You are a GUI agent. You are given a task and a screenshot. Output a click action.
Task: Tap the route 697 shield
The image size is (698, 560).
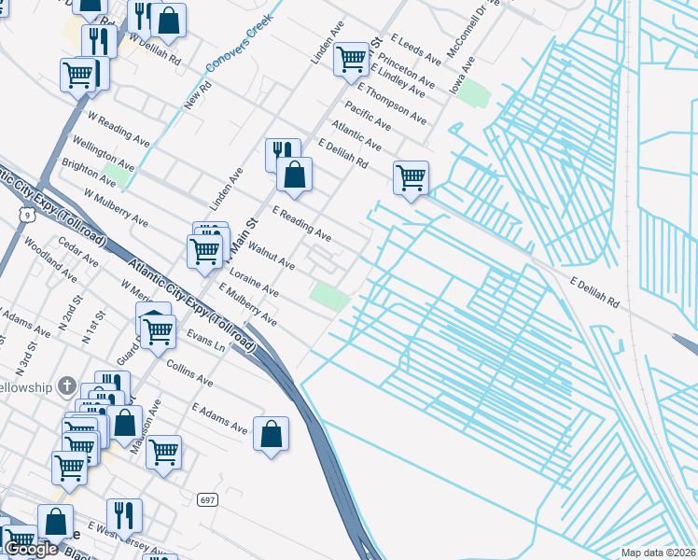(x=207, y=500)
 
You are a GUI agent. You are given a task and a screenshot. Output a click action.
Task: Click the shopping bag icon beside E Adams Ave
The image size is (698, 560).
(x=271, y=434)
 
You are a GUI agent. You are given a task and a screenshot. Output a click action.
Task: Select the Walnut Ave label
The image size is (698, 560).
(x=271, y=259)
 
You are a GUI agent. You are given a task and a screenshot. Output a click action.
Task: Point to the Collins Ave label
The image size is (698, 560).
(x=190, y=375)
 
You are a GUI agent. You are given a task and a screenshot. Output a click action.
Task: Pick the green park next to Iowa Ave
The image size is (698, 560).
(x=474, y=93)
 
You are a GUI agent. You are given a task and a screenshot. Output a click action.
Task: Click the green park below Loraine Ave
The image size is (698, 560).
(x=329, y=297)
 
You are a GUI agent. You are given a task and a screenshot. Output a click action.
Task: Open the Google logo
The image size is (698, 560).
(x=30, y=549)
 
